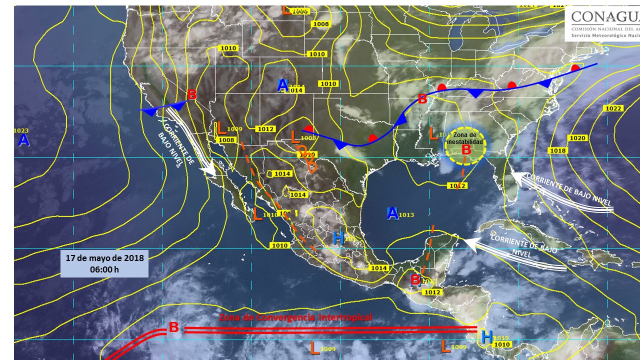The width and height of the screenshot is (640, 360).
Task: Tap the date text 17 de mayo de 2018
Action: (104, 258)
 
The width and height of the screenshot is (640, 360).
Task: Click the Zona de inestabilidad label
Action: (465, 138)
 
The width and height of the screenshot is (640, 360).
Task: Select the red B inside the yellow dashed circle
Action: (466, 149)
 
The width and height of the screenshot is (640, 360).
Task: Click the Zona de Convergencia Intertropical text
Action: (295, 317)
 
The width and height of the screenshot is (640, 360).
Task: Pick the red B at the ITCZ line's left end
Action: (173, 327)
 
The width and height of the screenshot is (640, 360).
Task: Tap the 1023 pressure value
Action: (21, 130)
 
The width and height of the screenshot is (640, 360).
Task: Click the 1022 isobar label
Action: (613, 108)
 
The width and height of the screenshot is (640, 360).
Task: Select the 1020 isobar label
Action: (576, 137)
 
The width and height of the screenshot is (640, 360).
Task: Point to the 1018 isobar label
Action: (557, 150)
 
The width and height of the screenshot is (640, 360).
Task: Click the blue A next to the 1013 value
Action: (392, 213)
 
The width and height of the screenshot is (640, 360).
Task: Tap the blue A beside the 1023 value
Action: (23, 140)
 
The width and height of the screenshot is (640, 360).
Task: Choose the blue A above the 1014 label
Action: (282, 85)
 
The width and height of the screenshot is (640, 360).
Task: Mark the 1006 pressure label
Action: (299, 11)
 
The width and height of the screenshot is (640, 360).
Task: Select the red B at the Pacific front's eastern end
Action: (191, 94)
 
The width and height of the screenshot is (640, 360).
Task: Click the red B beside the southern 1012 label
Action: (415, 280)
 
